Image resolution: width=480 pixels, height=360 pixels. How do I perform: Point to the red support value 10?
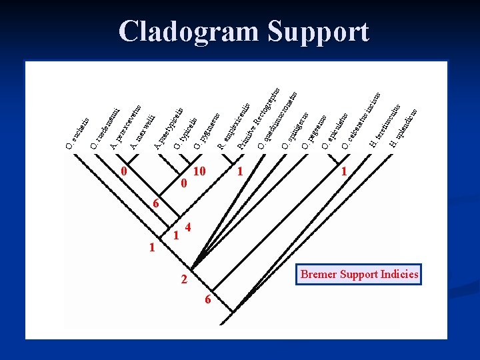199,171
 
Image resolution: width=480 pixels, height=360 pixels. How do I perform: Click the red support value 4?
189,227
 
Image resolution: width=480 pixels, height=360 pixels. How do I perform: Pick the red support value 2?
184,280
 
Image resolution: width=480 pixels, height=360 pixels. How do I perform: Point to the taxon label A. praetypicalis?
169,128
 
